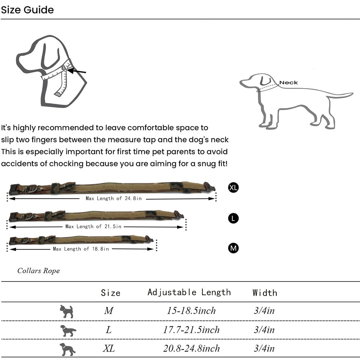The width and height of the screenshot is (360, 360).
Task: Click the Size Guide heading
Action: [27, 10]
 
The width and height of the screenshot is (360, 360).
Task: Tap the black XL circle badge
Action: [233, 188]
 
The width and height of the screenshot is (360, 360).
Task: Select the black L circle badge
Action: [233, 218]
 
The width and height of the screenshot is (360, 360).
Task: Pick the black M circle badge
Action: [233, 248]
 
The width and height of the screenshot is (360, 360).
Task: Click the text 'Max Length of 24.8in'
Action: [114, 198]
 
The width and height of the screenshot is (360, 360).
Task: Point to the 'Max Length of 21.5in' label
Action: [93, 226]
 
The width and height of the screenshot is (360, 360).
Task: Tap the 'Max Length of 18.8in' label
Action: [81, 249]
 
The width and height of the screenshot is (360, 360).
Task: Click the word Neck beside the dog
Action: [289, 83]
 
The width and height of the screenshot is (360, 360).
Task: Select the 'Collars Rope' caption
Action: [39, 271]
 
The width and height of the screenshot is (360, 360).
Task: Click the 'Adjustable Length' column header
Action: [189, 292]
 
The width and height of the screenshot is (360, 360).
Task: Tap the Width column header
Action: [265, 293]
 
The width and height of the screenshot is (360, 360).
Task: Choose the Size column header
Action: [111, 293]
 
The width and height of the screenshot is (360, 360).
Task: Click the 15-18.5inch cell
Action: [191, 311]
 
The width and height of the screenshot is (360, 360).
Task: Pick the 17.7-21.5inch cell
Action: [191, 330]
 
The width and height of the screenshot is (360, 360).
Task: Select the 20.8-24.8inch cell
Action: [191, 348]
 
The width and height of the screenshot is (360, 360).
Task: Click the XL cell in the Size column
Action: [109, 348]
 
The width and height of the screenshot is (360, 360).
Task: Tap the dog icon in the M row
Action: [67, 311]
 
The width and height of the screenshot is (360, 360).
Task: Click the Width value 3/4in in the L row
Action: [264, 330]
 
